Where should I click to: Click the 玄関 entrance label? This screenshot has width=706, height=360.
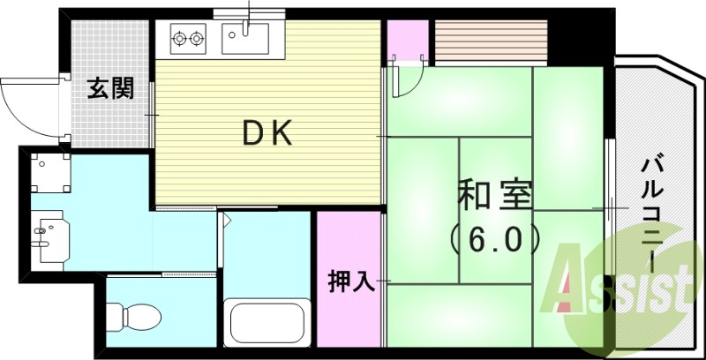(110, 88)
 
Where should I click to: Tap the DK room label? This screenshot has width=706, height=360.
(267, 133)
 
